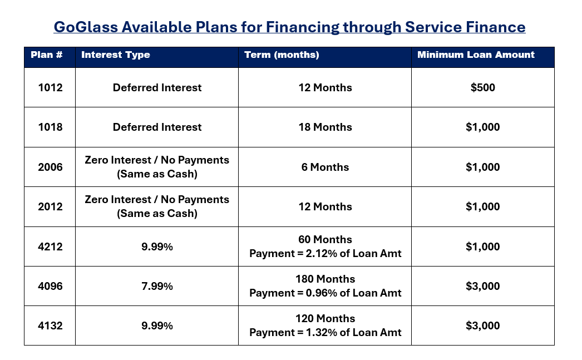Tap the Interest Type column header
(x=116, y=55)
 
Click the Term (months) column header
(x=282, y=55)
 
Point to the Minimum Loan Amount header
(x=476, y=55)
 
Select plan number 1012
(x=50, y=87)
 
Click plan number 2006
(x=50, y=167)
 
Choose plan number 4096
(x=50, y=286)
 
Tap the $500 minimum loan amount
(x=482, y=87)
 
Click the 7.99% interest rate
(x=157, y=286)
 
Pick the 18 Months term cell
(x=325, y=127)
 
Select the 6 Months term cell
(x=325, y=167)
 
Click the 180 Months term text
(x=325, y=279)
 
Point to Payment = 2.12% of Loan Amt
(x=325, y=254)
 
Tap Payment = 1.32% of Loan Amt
(x=325, y=333)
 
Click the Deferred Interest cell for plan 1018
(x=157, y=127)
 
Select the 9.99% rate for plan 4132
(x=157, y=326)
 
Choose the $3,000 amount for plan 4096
(x=482, y=286)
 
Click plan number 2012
(x=50, y=206)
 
